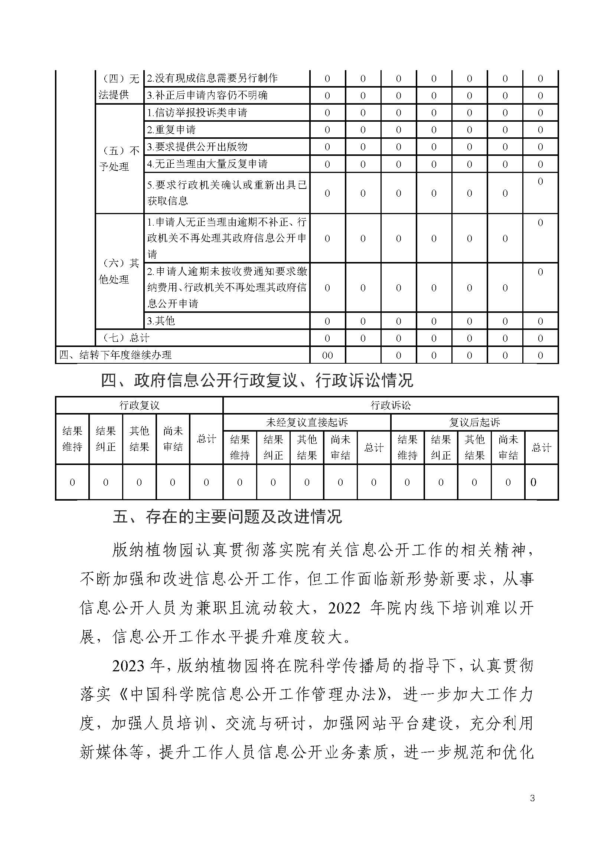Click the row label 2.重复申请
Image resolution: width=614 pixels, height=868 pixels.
click(x=171, y=130)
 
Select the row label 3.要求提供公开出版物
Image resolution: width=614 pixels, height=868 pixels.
click(x=197, y=147)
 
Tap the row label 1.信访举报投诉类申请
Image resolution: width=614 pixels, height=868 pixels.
click(x=197, y=113)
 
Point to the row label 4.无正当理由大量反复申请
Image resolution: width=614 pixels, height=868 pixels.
click(x=207, y=164)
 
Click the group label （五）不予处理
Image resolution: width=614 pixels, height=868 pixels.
click(x=119, y=159)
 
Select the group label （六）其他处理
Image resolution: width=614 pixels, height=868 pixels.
click(x=119, y=271)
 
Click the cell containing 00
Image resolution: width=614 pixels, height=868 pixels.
click(x=327, y=356)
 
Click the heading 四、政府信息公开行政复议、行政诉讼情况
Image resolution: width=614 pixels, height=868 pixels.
click(x=257, y=380)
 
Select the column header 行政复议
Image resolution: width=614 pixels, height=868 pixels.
click(x=139, y=406)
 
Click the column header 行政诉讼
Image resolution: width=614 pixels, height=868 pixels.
click(x=391, y=406)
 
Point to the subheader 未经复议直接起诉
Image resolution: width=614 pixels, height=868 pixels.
click(x=307, y=422)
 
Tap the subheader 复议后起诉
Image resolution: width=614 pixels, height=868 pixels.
click(x=474, y=422)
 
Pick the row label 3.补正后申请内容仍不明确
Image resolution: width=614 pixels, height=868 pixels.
click(x=207, y=95)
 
